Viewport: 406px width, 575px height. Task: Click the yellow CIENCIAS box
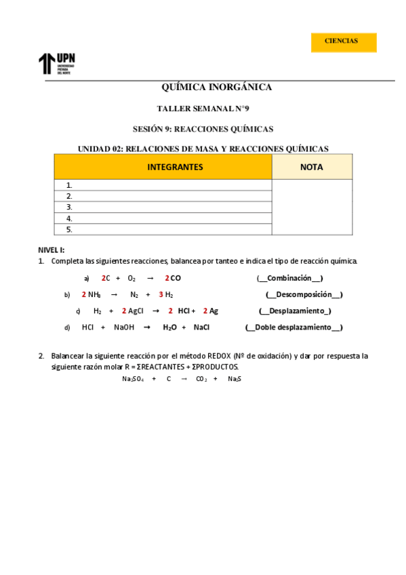pyautogui.click(x=343, y=41)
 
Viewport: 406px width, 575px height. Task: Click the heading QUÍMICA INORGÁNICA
pyautogui.click(x=216, y=87)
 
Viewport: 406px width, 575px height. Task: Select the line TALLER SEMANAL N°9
pyautogui.click(x=203, y=108)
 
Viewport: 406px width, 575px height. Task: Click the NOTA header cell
pyautogui.click(x=312, y=167)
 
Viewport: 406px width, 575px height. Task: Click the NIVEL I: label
pyautogui.click(x=52, y=250)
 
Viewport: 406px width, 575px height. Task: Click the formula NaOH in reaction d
pyautogui.click(x=124, y=327)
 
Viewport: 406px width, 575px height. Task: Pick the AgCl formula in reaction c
pyautogui.click(x=136, y=311)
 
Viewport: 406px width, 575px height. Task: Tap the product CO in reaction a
pyautogui.click(x=176, y=278)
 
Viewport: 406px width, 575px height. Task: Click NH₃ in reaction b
pyautogui.click(x=94, y=294)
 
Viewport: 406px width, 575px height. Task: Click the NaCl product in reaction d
pyautogui.click(x=201, y=327)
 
